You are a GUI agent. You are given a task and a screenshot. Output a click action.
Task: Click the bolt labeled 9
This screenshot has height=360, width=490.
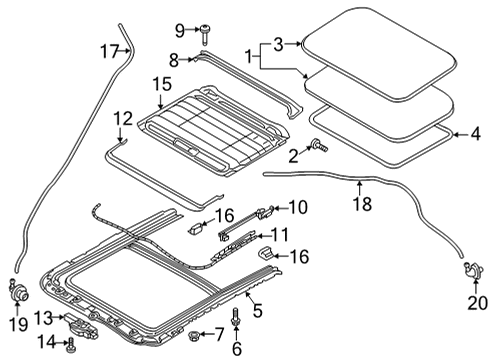tap(205, 34)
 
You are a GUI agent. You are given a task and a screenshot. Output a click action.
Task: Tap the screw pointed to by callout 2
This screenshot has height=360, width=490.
tap(319, 145)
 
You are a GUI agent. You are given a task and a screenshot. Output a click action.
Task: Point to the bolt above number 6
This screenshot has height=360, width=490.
tap(236, 316)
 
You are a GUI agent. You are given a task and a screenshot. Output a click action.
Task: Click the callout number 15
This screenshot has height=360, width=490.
tap(162, 84)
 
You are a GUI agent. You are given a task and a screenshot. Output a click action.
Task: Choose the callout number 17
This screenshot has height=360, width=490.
tap(110, 52)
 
